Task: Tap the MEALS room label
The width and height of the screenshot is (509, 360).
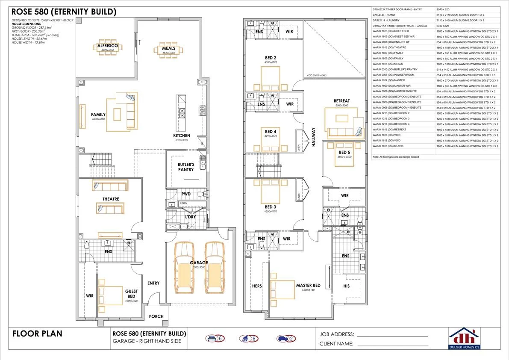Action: pyautogui.click(x=168, y=49)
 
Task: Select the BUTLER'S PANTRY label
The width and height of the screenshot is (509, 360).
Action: pyautogui.click(x=186, y=167)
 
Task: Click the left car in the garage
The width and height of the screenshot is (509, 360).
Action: pyautogui.click(x=185, y=268)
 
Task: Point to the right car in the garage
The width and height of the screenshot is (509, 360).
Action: pyautogui.click(x=214, y=268)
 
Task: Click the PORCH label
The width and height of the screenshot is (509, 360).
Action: pyautogui.click(x=156, y=316)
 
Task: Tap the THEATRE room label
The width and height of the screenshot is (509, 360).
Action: pyautogui.click(x=111, y=199)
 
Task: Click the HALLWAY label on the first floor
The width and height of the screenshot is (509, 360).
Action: pyautogui.click(x=313, y=137)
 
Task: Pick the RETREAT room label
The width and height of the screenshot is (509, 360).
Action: pyautogui.click(x=341, y=101)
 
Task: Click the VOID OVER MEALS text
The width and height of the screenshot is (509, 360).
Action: pyautogui.click(x=316, y=75)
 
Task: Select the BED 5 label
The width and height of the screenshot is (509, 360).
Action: pyautogui.click(x=344, y=152)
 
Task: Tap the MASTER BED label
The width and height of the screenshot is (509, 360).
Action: pyautogui.click(x=308, y=285)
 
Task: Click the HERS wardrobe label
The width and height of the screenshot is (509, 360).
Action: pyautogui.click(x=257, y=286)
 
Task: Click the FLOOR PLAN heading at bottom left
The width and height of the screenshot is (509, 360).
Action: pyautogui.click(x=38, y=334)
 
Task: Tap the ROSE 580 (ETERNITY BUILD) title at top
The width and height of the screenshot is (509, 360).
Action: pyautogui.click(x=64, y=12)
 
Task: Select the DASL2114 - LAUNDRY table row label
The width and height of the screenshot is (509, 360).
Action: pyautogui.click(x=387, y=20)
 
